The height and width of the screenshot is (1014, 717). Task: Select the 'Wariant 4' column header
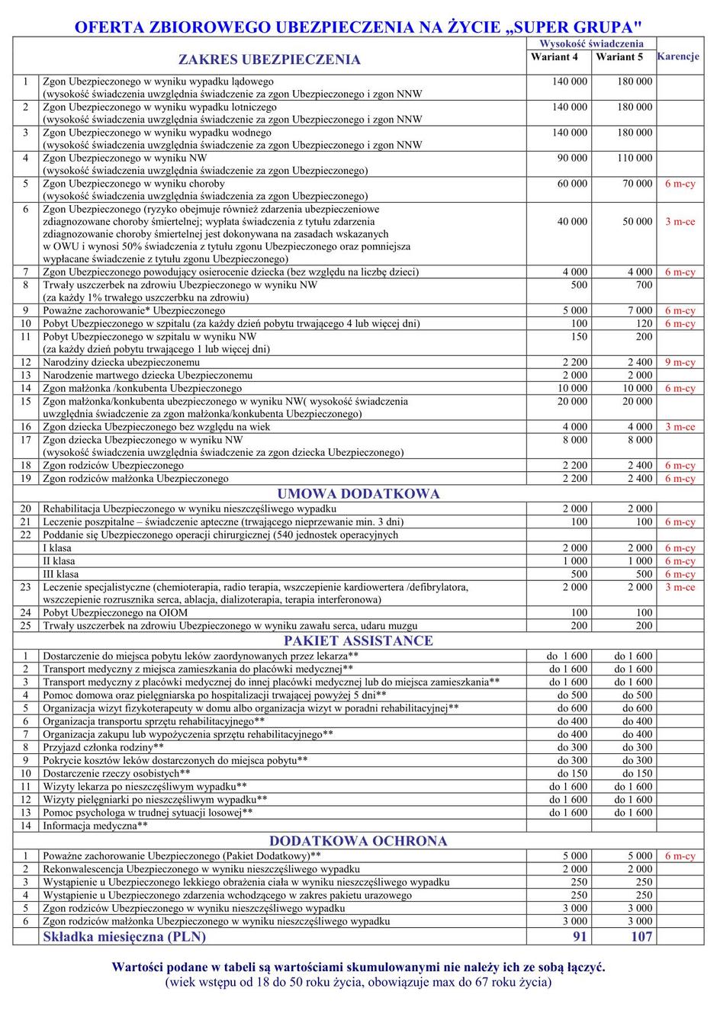click(555, 57)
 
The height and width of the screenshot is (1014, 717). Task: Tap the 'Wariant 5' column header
click(619, 57)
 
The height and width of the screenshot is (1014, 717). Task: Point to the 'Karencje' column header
click(678, 57)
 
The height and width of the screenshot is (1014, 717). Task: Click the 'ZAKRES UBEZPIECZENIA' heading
click(269, 59)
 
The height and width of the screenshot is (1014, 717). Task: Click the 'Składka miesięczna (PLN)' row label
click(124, 937)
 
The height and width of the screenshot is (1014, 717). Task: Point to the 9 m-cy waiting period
click(680, 363)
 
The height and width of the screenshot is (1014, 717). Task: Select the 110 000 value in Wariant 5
click(635, 159)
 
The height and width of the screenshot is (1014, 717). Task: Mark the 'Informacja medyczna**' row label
click(95, 826)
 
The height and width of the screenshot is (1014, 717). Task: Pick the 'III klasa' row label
click(61, 574)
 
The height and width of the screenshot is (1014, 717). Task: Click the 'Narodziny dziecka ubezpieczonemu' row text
click(121, 363)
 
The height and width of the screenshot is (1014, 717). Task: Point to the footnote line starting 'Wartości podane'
click(358, 967)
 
